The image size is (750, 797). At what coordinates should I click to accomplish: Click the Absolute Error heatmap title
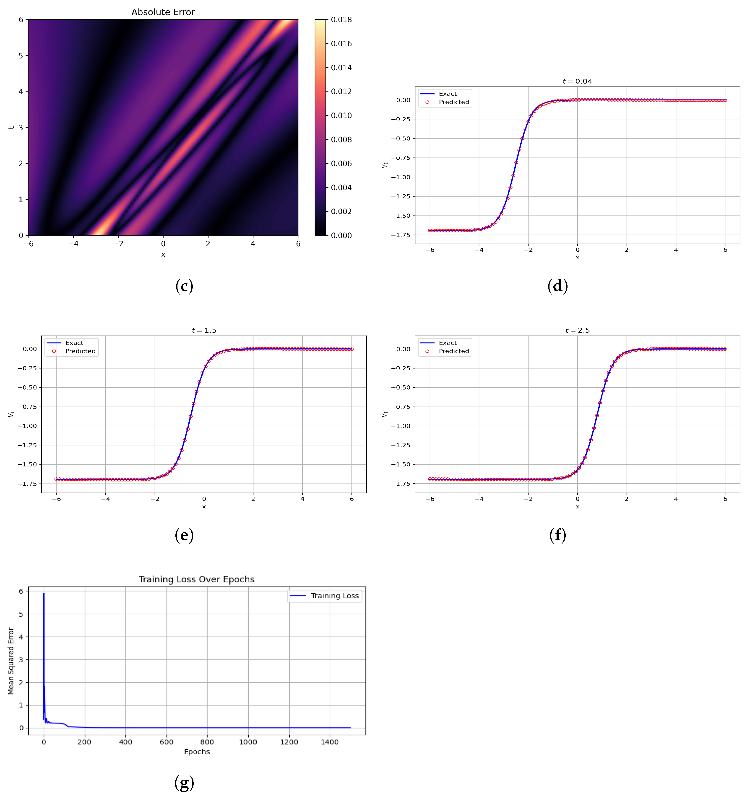[x=163, y=12]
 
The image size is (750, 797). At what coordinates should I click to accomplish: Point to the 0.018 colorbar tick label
[x=341, y=20]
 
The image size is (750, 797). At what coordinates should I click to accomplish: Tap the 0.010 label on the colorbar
[x=341, y=116]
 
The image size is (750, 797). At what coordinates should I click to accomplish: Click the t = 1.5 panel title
[x=204, y=330]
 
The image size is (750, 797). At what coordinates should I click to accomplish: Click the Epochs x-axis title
[x=197, y=752]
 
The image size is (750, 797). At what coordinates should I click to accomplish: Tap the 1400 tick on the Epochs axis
[x=330, y=742]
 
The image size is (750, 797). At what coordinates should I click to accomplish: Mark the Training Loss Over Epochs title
[x=196, y=579]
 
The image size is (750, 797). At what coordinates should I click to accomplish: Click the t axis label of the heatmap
[x=11, y=127]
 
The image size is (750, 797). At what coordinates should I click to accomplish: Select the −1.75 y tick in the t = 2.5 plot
[x=401, y=484]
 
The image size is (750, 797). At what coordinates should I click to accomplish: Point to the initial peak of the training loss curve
[x=44, y=594]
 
